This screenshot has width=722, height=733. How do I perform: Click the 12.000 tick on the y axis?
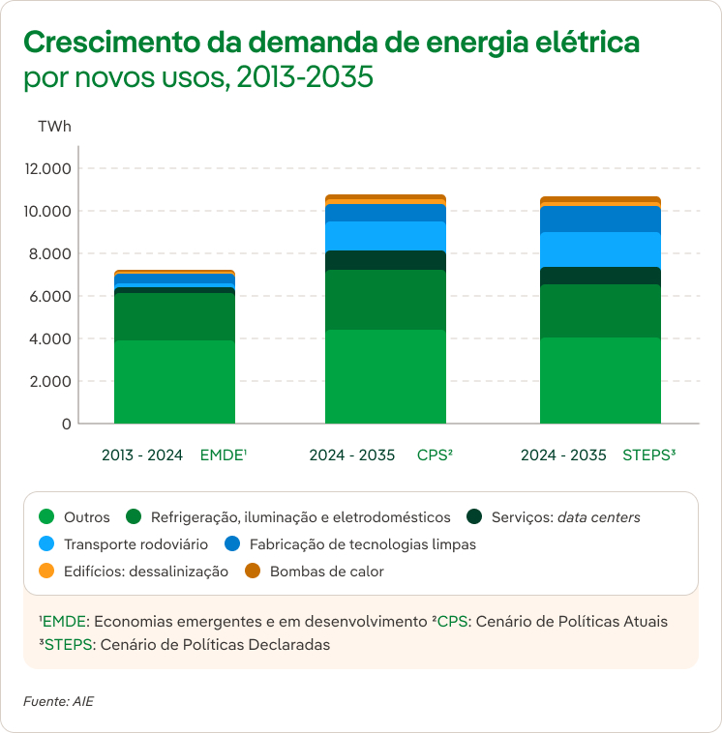[48, 169]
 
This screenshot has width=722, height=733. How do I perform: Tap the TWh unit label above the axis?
[54, 127]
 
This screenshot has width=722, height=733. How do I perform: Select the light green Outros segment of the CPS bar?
[385, 377]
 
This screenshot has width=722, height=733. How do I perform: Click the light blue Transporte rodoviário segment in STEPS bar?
[600, 249]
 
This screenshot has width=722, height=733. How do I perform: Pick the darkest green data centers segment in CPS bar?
[385, 260]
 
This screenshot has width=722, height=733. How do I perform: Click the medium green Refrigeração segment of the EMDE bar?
[174, 316]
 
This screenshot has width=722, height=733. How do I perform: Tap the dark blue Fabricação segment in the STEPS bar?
[600, 220]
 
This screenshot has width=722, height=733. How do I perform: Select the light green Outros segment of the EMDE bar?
[174, 382]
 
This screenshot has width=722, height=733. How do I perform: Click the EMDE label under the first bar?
[224, 454]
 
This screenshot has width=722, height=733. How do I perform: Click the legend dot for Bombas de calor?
[253, 572]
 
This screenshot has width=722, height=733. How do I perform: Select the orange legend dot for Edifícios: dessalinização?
[45, 572]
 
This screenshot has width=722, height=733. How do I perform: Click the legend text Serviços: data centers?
[565, 517]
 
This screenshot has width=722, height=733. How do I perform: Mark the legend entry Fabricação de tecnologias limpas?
[362, 544]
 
